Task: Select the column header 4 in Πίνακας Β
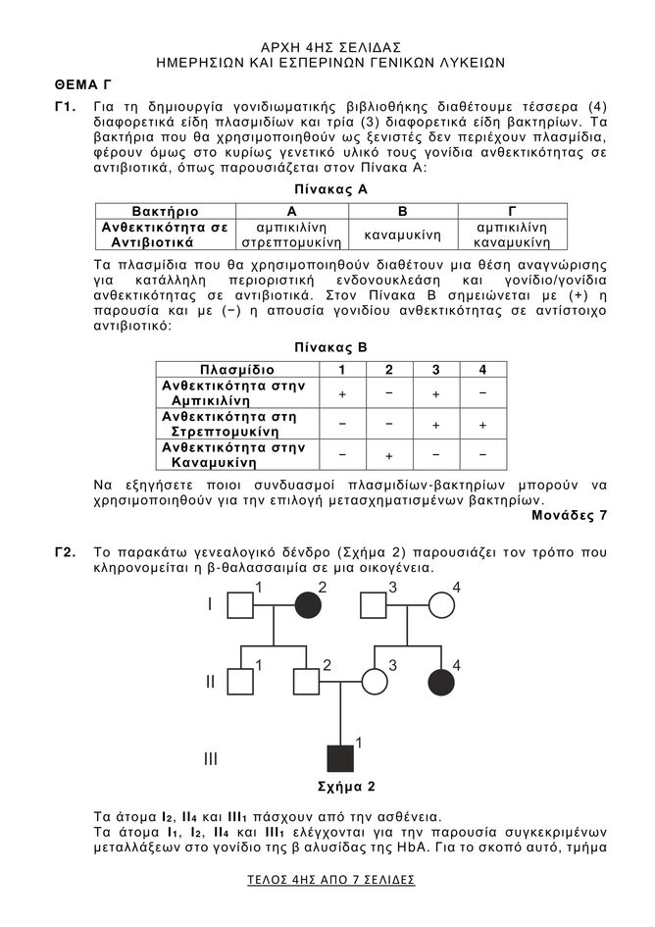click(481, 370)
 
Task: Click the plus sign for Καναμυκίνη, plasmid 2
click(388, 456)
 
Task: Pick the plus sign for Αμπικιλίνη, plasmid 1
click(342, 393)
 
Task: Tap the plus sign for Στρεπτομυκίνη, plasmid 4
click(481, 425)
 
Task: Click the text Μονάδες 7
click(569, 514)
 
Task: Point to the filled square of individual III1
click(341, 758)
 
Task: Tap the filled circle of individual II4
click(440, 682)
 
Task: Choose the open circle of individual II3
click(374, 682)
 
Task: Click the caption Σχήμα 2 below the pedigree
click(340, 786)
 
